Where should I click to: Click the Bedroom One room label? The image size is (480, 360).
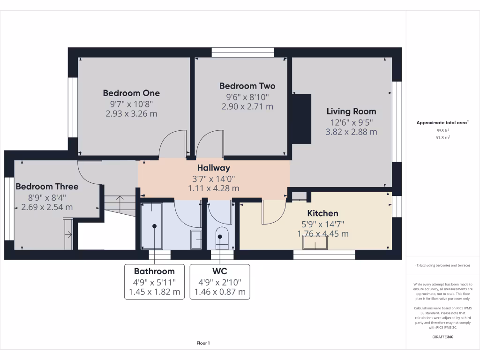pos(131,93)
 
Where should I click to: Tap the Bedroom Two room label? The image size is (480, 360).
pos(247,86)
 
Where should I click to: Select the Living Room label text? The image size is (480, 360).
pos(351,111)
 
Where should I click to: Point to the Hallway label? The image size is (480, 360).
pos(213,167)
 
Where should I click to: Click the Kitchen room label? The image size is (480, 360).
pos(322,213)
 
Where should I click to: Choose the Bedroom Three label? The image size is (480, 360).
pos(47,186)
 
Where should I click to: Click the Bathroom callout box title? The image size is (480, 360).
pos(154,271)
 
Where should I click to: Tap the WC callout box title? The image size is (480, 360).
pos(220,271)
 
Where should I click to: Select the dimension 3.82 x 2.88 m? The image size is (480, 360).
pos(351,132)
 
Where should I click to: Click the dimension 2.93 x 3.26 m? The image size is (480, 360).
pos(131,113)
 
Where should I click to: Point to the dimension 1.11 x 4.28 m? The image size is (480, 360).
pos(213,188)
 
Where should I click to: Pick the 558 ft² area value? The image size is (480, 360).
pos(443,131)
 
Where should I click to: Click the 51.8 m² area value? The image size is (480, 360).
pos(443,138)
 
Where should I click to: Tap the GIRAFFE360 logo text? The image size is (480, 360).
pos(443,337)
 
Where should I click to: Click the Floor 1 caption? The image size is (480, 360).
pos(203,343)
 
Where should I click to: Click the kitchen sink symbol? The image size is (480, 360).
pos(315,242)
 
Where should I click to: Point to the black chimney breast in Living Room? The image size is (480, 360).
pos(301,119)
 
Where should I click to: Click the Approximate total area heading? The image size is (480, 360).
pos(442,123)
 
